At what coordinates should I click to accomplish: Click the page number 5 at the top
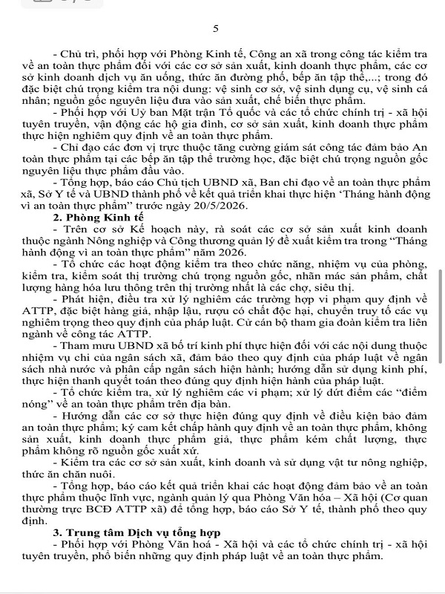tap(216, 29)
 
